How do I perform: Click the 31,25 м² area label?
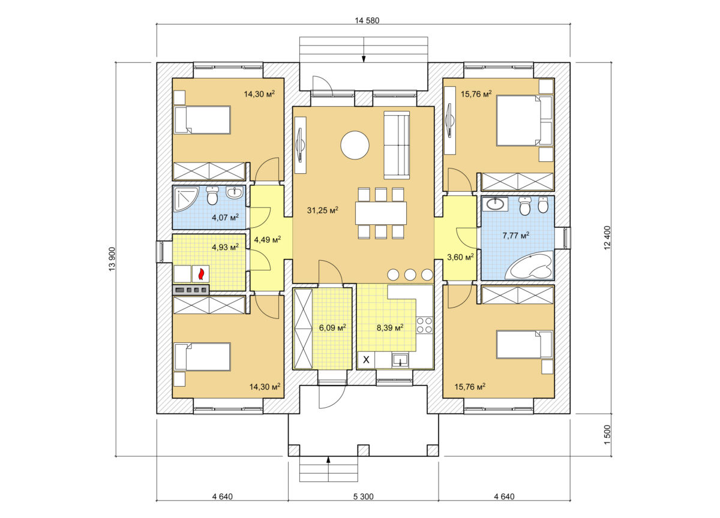[x=322, y=210]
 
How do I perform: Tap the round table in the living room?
[x=355, y=145]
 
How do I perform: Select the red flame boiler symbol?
[x=201, y=274]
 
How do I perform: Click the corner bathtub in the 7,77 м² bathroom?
[x=529, y=264]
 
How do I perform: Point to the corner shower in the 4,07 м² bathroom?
[x=186, y=199]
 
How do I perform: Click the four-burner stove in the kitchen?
[x=424, y=325]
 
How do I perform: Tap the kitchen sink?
[x=400, y=360]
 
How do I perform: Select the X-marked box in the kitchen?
[x=366, y=360]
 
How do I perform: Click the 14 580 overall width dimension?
[x=367, y=20]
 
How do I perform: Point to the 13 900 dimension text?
[x=112, y=259]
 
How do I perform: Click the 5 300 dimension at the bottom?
[x=363, y=496]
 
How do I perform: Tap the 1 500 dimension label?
[x=607, y=435]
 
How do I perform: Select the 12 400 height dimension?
[x=607, y=238]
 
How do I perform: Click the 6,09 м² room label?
[x=332, y=327]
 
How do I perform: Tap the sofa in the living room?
[x=397, y=145]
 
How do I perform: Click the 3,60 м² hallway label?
[x=460, y=257]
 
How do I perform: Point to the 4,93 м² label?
[x=225, y=247]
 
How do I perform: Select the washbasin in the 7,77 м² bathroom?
[x=496, y=204]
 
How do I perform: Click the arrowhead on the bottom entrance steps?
[x=328, y=460]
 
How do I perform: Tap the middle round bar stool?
[x=410, y=275]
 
